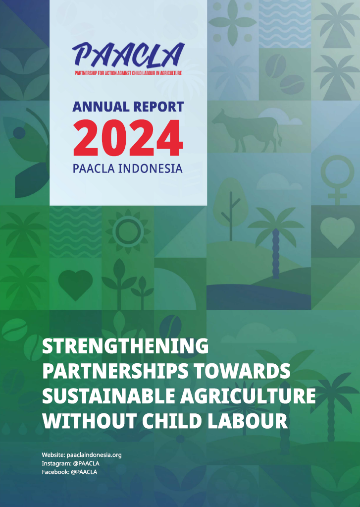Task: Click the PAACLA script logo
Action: click(x=128, y=55)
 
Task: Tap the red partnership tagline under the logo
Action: click(x=128, y=73)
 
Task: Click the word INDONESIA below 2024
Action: click(x=150, y=169)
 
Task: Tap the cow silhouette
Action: click(x=247, y=131)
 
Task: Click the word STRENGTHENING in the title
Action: click(x=125, y=346)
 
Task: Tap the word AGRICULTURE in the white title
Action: click(x=248, y=396)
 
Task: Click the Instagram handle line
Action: click(x=70, y=463)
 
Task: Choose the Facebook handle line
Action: click(x=69, y=472)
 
